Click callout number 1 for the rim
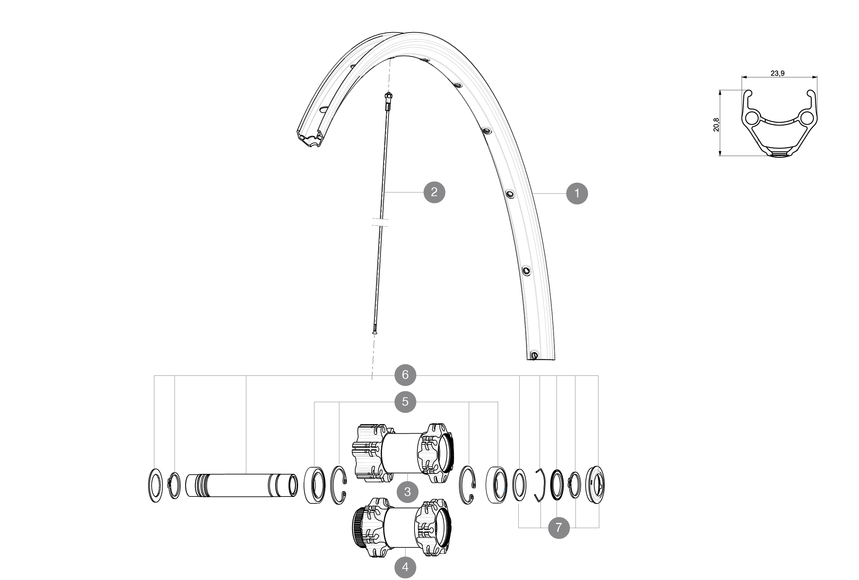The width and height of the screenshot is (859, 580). click(577, 193)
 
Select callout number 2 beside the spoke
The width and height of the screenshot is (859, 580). click(434, 192)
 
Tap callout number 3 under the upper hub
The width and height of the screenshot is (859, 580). click(407, 492)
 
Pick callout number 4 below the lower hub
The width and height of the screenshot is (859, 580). click(405, 566)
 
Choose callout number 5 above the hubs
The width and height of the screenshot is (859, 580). click(405, 402)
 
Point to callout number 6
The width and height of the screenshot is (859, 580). click(405, 375)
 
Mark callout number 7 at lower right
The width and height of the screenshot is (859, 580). click(559, 528)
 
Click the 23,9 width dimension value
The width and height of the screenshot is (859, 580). click(777, 73)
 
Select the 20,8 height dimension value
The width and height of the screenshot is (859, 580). click(716, 125)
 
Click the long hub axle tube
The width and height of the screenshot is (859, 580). click(242, 486)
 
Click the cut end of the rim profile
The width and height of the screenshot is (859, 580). click(310, 138)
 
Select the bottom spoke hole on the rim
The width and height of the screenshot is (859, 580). click(534, 356)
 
